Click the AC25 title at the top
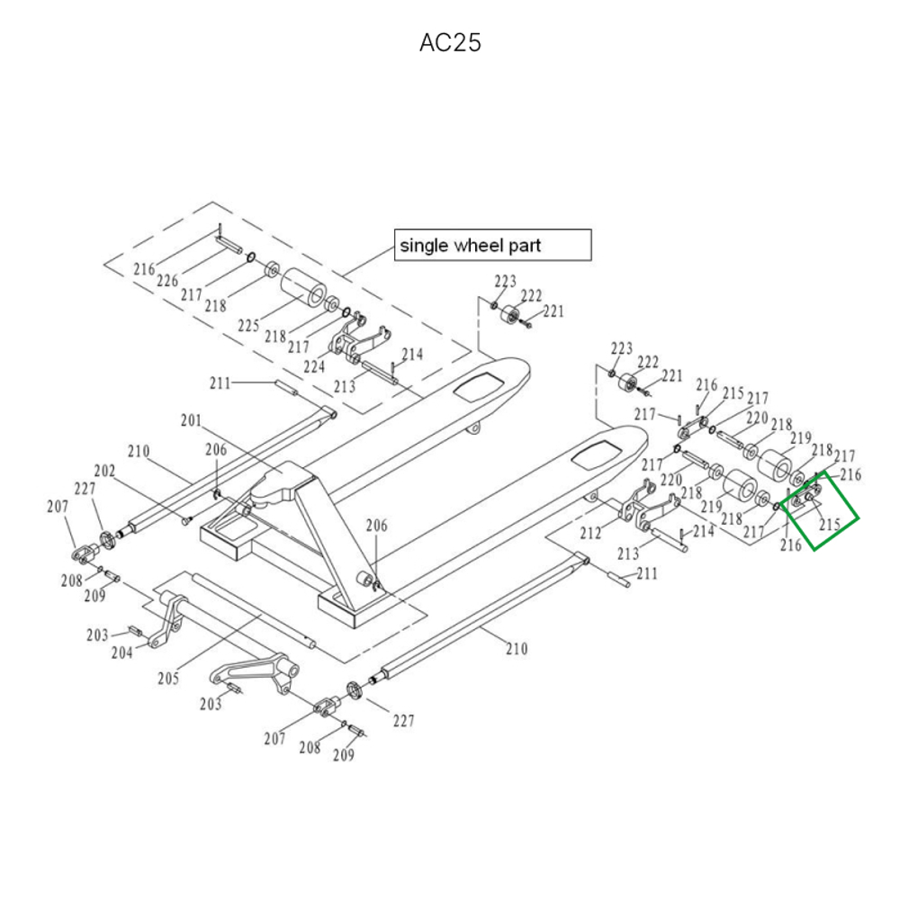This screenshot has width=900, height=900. pos(450,43)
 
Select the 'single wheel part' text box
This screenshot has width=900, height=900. pos(492,245)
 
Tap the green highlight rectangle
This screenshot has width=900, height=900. pos(821,509)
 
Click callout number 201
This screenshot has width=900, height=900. pos(192,420)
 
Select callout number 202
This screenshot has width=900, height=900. pos(105,471)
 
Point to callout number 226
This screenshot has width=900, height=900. pos(167,282)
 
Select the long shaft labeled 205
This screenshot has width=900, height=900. pos(252,611)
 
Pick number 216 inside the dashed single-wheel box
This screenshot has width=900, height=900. pos(144,269)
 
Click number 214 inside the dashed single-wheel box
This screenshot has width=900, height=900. pos(412,355)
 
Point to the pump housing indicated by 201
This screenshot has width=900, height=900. pos(274,486)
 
